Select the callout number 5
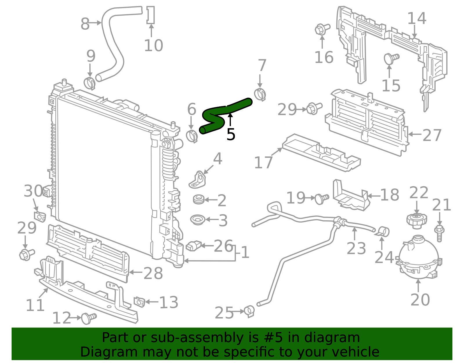[x=231, y=135]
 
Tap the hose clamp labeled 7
[x=260, y=94]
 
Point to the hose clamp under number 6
[x=192, y=136]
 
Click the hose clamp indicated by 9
[x=89, y=83]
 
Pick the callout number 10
[x=153, y=46]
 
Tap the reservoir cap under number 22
[x=416, y=221]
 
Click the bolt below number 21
[x=439, y=233]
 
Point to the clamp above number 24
[x=383, y=232]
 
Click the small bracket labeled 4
[x=197, y=180]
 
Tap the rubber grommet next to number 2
[x=199, y=199]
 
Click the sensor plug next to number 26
[x=193, y=246]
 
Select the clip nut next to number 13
[x=139, y=302]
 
